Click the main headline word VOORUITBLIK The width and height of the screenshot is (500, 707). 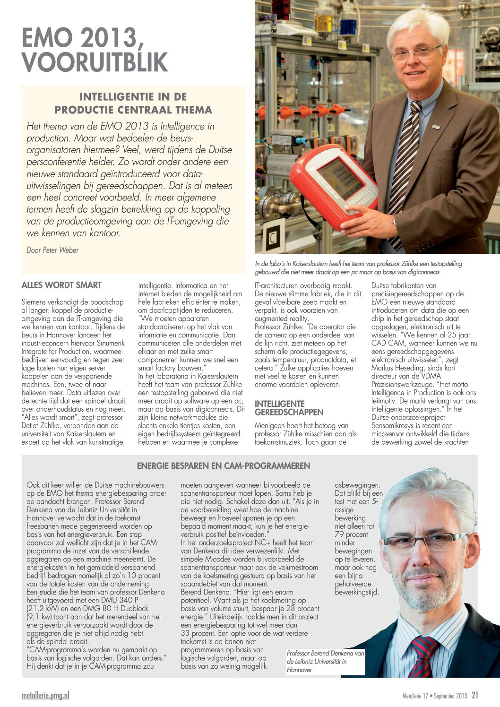[95, 62]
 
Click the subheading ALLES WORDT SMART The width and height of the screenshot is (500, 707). [61, 285]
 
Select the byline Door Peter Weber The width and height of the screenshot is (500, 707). [52, 250]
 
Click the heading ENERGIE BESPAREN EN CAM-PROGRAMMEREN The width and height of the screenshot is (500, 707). [224, 466]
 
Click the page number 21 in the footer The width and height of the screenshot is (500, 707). [475, 695]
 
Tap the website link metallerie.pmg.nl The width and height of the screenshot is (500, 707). [45, 695]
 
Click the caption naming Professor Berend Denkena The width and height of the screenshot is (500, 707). [325, 661]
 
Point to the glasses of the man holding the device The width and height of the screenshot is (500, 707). [416, 53]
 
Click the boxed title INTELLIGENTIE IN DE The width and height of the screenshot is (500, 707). [133, 97]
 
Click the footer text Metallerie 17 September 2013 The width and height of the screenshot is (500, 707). [435, 696]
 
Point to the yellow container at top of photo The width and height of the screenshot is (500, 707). [324, 22]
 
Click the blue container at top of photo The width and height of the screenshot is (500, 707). [347, 24]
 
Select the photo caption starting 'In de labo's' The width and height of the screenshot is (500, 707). [358, 268]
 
